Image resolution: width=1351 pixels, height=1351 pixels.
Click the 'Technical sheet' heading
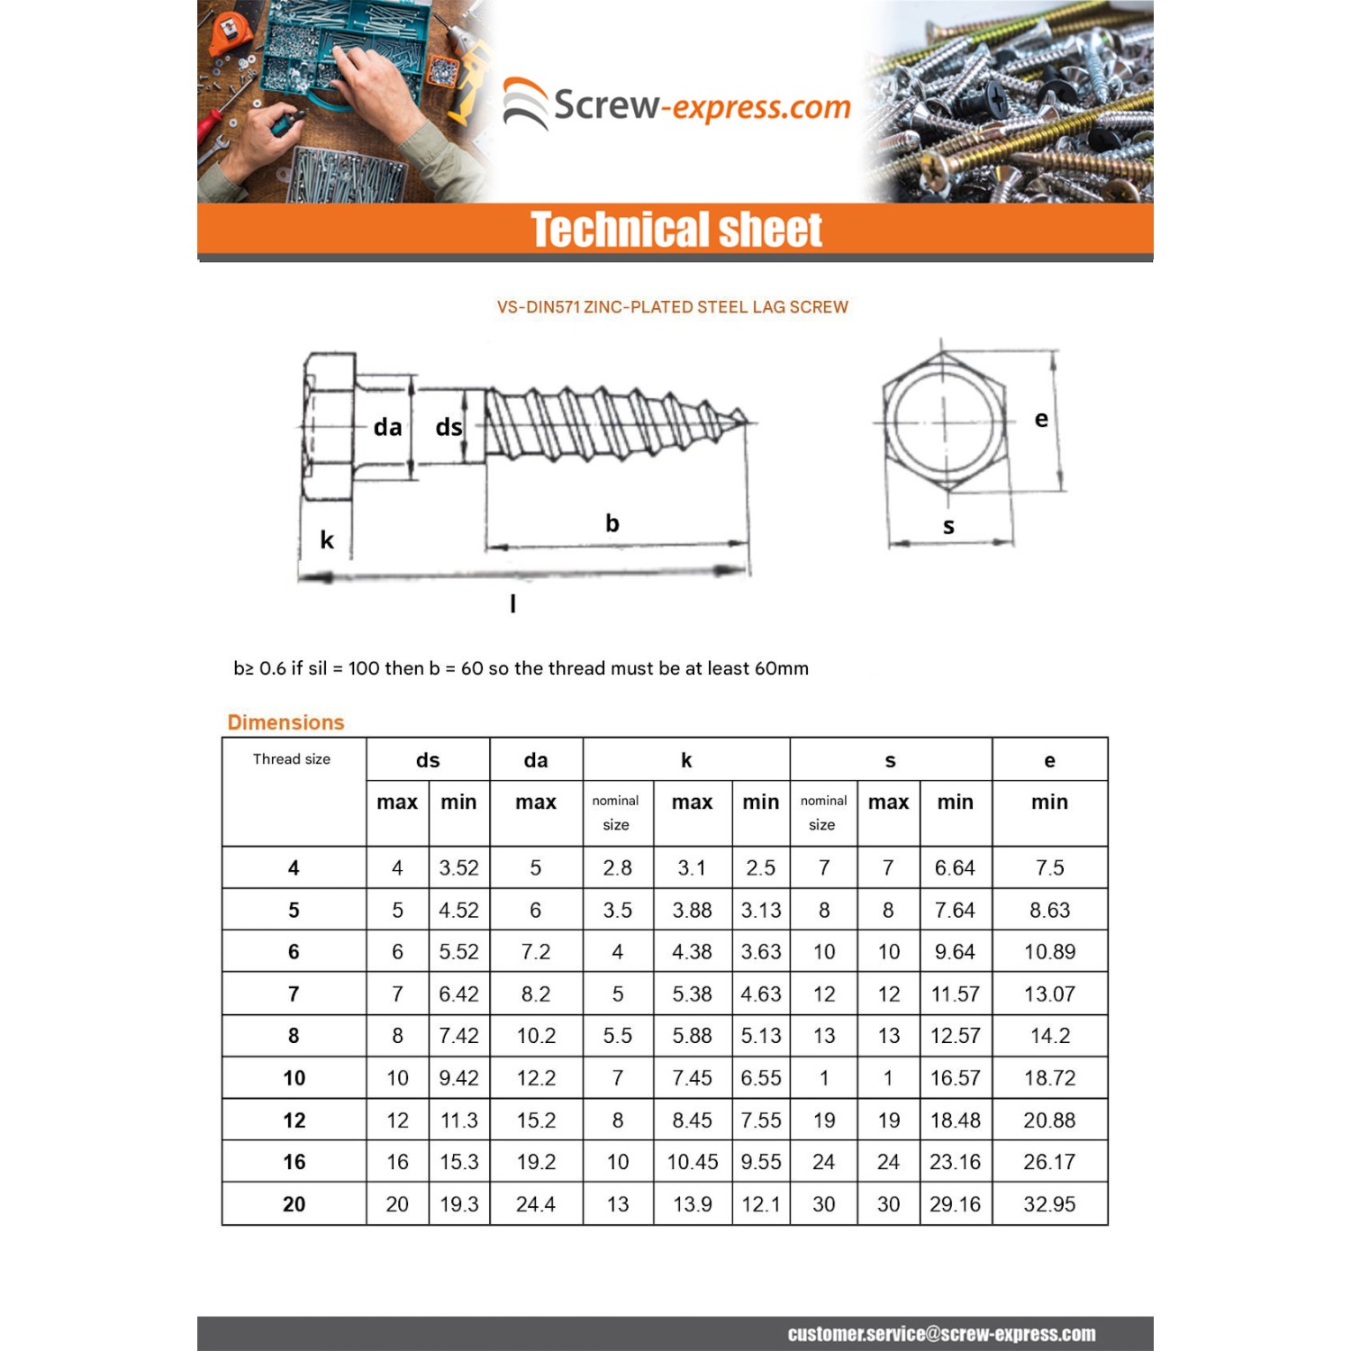pyautogui.click(x=675, y=229)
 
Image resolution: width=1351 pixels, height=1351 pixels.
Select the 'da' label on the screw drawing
pyautogui.click(x=387, y=427)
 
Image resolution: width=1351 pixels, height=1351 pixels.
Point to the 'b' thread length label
pyautogui.click(x=612, y=523)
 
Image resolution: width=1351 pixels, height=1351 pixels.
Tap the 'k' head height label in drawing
pyautogui.click(x=327, y=539)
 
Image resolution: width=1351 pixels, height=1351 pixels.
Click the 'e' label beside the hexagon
pyautogui.click(x=1041, y=419)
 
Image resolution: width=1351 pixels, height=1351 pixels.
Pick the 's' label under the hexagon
pyautogui.click(x=948, y=527)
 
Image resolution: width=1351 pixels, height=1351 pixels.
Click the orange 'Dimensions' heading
pyautogui.click(x=286, y=722)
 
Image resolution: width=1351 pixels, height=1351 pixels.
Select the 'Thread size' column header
pyautogui.click(x=292, y=759)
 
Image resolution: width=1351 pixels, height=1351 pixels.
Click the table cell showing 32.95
pyautogui.click(x=1049, y=1204)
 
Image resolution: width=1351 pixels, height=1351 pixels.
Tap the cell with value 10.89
pyautogui.click(x=1049, y=952)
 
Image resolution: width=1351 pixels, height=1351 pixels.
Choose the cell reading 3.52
pyautogui.click(x=458, y=868)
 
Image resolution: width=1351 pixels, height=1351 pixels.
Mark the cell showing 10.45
pyautogui.click(x=692, y=1162)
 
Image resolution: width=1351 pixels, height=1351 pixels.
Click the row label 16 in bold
pyautogui.click(x=294, y=1162)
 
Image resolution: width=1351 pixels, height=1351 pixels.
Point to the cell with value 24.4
pyautogui.click(x=536, y=1204)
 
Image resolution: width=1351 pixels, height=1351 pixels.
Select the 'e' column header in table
pyautogui.click(x=1049, y=760)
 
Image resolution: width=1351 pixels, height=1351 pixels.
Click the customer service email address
pyautogui.click(x=941, y=1334)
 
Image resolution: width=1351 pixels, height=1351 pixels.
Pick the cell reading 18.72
pyautogui.click(x=1049, y=1078)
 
